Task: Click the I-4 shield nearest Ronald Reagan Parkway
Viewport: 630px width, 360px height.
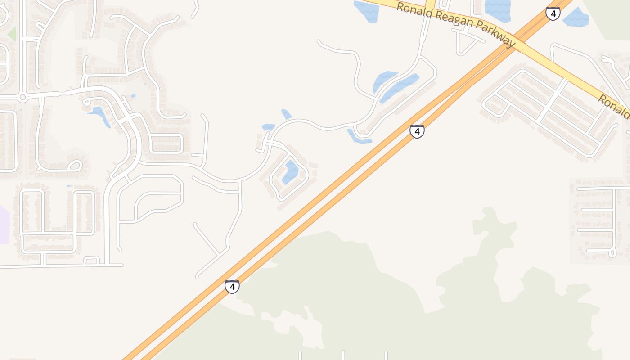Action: pos(553,13)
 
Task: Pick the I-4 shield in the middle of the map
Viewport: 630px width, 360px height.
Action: pos(417,131)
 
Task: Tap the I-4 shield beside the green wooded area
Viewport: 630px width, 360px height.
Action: pos(232,286)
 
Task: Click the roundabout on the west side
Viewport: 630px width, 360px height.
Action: pos(22,97)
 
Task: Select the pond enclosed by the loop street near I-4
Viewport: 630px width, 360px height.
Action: pos(291,171)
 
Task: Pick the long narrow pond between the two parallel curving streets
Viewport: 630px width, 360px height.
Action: pos(400,88)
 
